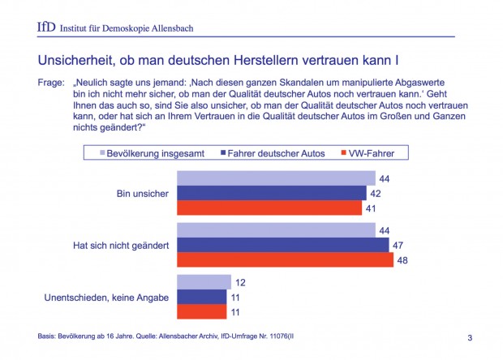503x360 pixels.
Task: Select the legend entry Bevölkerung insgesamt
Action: pyautogui.click(x=151, y=152)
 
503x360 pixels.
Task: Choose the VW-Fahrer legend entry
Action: pyautogui.click(x=372, y=152)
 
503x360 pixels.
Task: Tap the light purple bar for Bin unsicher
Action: pyautogui.click(x=276, y=178)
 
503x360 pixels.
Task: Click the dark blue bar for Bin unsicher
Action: pyautogui.click(x=271, y=193)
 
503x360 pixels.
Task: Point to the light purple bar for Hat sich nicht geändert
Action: pyautogui.click(x=276, y=229)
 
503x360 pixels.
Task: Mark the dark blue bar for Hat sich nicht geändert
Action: pyautogui.click(x=282, y=244)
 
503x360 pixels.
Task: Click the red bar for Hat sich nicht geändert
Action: pyautogui.click(x=285, y=259)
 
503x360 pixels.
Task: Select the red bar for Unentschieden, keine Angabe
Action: pyautogui.click(x=202, y=311)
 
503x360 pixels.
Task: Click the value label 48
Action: pyautogui.click(x=403, y=261)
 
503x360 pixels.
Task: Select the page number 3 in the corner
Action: pyautogui.click(x=471, y=336)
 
